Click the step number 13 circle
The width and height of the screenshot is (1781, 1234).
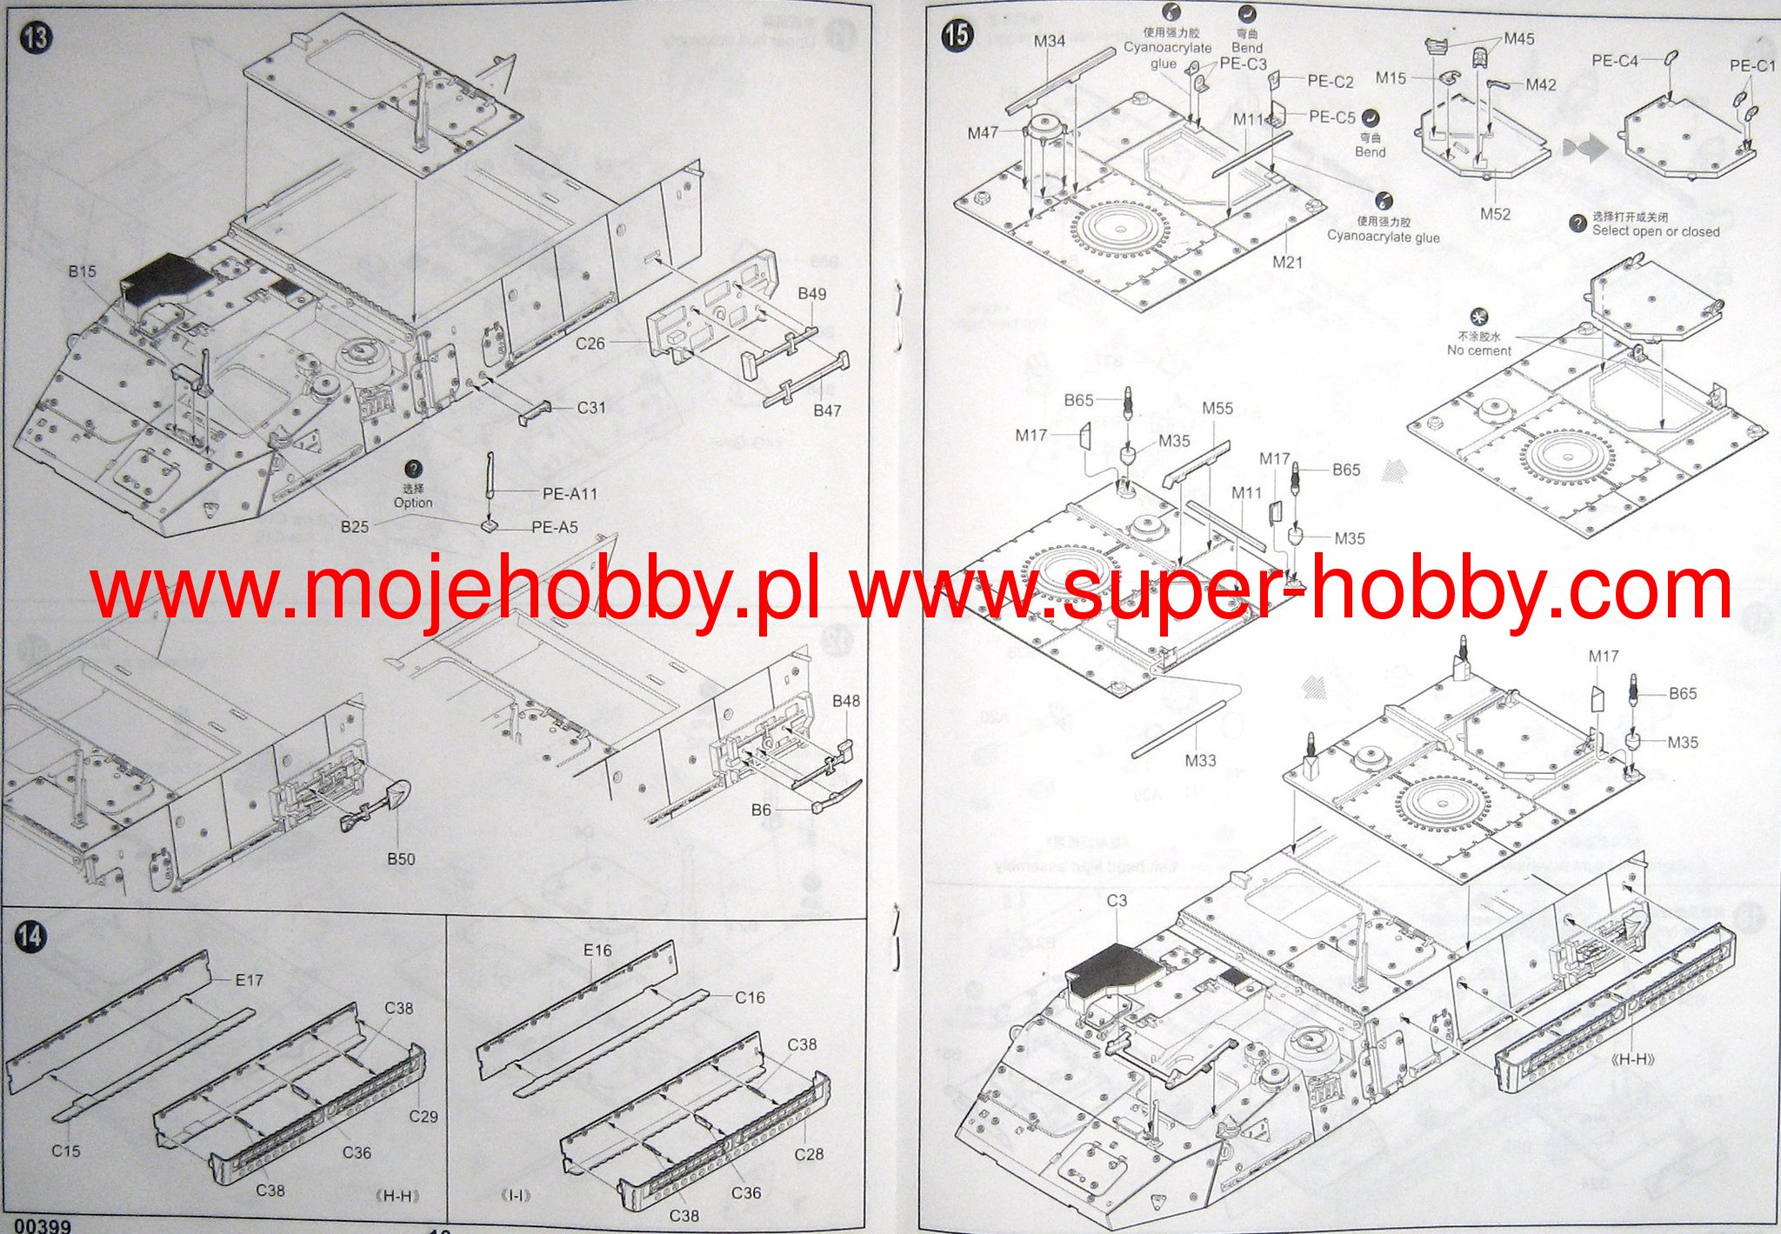37,37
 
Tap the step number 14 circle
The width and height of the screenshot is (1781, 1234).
30,937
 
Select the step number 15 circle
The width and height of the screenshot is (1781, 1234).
957,35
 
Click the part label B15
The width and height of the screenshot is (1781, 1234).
83,271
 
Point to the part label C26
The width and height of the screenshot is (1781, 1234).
590,344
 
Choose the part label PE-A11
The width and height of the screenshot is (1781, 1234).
570,494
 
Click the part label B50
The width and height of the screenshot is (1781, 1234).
401,858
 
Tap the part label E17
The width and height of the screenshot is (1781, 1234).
250,980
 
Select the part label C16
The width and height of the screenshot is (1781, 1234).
750,997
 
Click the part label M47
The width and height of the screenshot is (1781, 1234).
983,133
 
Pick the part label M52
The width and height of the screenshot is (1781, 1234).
1495,214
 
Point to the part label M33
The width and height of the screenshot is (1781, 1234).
1200,760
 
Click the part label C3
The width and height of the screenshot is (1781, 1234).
1117,901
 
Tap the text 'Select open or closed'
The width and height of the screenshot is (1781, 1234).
1656,231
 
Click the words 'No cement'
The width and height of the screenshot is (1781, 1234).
1479,350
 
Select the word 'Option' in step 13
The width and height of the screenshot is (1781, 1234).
413,503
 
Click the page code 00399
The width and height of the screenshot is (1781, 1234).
42,1225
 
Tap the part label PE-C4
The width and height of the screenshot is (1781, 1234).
1615,61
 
